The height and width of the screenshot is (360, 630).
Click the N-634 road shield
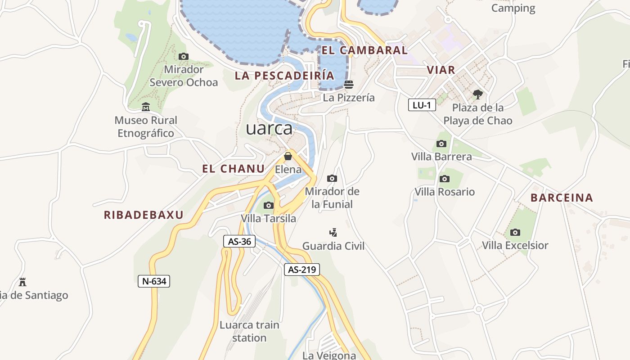154,282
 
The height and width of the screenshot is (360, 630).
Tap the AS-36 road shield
239,241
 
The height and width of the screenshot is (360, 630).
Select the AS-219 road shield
302,270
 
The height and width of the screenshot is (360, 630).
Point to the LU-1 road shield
422,105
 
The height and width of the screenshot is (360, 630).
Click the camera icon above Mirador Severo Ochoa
183,56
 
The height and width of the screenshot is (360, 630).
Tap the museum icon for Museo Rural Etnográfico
146,107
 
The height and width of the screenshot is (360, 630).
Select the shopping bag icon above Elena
288,156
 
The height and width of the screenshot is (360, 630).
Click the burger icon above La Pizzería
349,84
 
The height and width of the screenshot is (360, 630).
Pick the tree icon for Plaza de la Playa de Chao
477,94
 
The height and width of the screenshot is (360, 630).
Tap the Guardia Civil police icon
333,233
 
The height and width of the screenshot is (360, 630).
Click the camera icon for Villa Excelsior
515,232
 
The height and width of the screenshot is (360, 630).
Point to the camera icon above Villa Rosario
445,179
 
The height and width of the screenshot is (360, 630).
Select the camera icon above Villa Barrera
441,144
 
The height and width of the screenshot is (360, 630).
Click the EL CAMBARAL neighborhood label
364,50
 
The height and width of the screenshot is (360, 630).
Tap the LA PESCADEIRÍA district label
284,76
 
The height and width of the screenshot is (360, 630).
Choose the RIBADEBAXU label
144,215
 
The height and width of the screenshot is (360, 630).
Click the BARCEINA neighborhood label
562,198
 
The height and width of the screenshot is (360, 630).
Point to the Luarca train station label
249,331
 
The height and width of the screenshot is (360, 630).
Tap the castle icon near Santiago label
22,282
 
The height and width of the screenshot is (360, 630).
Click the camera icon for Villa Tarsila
269,205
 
